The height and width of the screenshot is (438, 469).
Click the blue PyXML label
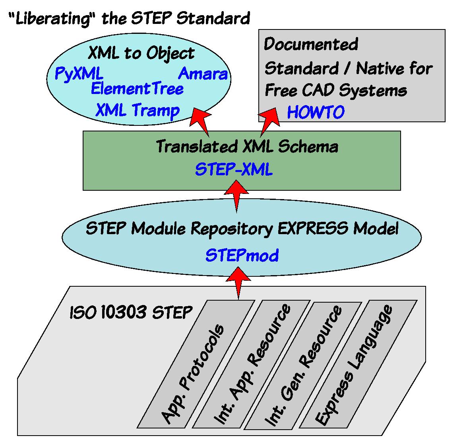pos(79,74)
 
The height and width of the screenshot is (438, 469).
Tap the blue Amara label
pos(203,74)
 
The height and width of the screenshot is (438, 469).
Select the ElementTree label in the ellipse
pos(137,89)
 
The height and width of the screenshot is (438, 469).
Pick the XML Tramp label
pos(138,111)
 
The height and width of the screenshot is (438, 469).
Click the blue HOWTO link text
pos(316,112)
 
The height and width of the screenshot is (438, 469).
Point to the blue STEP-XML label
pos(234,170)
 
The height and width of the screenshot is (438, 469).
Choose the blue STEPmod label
pos(242,256)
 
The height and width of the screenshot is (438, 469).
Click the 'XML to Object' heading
pos(141,53)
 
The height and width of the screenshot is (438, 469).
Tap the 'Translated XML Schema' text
pos(247,147)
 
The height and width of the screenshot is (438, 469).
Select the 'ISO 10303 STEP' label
pos(131,312)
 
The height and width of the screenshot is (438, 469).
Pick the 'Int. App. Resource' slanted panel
pos(251,364)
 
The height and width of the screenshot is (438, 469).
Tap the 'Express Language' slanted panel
pos(358,364)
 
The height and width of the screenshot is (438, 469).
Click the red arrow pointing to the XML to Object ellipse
pos(200,120)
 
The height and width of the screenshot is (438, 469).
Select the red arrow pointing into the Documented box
pos(269,120)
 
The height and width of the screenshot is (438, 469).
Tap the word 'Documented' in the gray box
pos(311,44)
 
